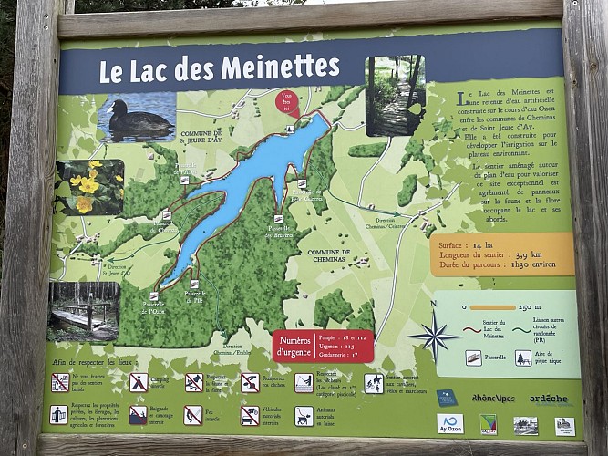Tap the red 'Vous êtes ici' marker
pos(287,102)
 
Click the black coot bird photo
pos(136,116)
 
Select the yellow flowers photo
pos(89,186)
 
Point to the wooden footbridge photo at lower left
pos(84,310)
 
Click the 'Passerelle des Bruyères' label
pos(278,232)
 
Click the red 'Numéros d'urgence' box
pos(323,345)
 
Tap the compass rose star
pos(434,335)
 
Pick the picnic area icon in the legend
pos(523,358)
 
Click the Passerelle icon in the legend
pos(473,358)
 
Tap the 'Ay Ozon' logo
pos(450,423)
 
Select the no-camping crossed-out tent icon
pos(139,382)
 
